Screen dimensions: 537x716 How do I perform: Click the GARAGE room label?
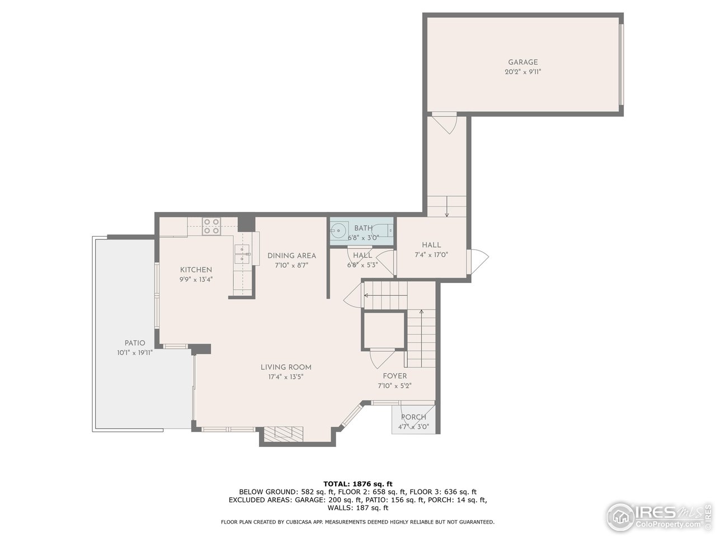point(522,62)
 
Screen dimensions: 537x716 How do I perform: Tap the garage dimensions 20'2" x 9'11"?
point(522,72)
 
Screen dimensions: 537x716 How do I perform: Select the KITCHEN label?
point(196,270)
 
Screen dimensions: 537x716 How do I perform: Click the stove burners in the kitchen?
point(211,226)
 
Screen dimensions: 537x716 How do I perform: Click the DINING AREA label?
point(291,256)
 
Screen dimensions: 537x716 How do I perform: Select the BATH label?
point(363,228)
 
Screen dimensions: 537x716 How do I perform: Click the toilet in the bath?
point(385,230)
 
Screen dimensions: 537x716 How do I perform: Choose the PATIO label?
point(135,343)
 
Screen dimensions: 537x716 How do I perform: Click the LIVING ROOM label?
point(286,367)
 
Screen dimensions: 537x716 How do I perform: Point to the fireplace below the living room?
point(284,434)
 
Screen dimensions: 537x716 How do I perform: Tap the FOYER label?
point(394,376)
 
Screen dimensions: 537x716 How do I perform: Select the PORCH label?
point(413,417)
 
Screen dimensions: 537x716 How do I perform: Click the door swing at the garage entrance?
point(445,123)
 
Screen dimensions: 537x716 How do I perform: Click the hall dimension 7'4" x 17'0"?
point(431,255)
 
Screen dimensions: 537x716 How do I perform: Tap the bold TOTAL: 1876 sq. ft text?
point(358,483)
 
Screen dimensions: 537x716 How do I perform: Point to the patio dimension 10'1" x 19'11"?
point(135,353)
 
